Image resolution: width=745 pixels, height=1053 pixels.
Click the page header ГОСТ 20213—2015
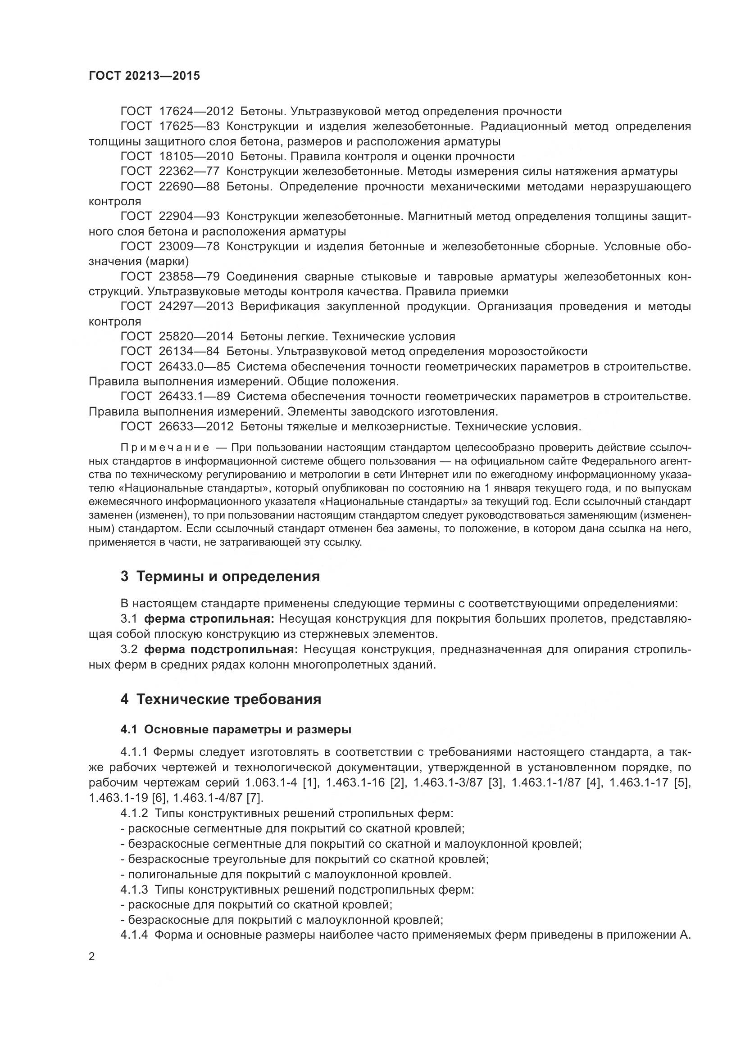[144, 76]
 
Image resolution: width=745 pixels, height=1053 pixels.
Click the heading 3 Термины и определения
[220, 577]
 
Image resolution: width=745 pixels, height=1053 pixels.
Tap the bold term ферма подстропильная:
[221, 650]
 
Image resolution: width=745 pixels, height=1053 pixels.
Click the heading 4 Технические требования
[221, 700]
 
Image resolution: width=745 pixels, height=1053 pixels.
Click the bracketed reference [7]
[254, 798]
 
